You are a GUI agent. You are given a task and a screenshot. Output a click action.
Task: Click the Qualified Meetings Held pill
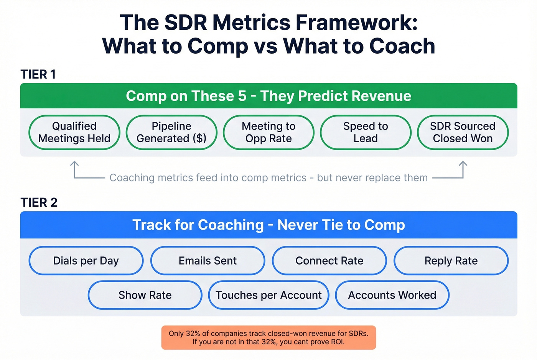click(74, 132)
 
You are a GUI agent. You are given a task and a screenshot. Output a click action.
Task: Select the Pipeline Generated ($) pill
click(171, 132)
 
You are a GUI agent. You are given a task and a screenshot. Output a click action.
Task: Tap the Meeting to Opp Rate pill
click(268, 132)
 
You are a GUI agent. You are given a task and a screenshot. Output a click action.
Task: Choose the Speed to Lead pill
click(366, 132)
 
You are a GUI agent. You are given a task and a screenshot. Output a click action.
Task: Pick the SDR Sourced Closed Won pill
click(463, 132)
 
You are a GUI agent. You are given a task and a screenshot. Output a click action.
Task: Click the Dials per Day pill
click(86, 261)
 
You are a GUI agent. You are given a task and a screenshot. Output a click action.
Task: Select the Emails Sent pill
click(208, 261)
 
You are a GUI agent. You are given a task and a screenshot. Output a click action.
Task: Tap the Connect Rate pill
click(329, 261)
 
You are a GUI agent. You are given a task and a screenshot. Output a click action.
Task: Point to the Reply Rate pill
click(451, 261)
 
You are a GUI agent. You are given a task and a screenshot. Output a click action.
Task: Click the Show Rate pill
click(145, 295)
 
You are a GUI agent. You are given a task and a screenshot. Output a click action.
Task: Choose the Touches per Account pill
click(268, 295)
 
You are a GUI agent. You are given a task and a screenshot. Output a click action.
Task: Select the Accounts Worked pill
click(392, 295)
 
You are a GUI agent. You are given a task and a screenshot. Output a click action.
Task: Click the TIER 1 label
click(38, 74)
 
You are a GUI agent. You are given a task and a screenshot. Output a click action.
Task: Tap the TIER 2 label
click(39, 202)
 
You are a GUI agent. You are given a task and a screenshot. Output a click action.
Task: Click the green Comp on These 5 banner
click(268, 96)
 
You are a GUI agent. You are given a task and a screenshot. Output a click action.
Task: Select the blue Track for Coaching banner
click(268, 225)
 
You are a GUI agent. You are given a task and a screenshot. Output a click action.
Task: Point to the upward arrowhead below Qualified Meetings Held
click(74, 164)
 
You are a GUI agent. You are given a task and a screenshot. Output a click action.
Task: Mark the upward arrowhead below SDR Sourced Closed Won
click(463, 164)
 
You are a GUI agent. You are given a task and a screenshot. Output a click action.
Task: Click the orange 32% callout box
click(268, 337)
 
